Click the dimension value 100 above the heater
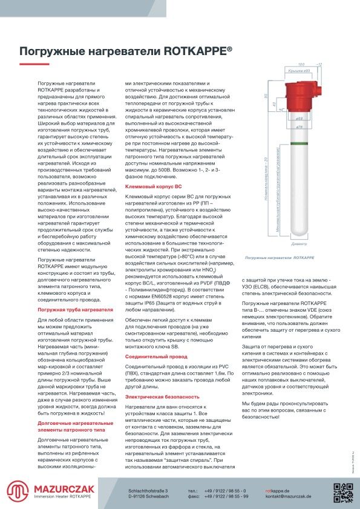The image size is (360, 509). click(301, 64)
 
